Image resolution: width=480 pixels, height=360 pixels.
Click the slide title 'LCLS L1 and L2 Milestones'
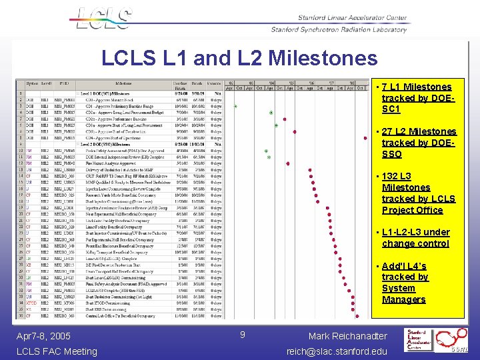pos(239,58)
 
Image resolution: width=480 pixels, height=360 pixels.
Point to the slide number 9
pos(243,334)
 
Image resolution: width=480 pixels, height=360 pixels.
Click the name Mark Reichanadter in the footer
pos(347,336)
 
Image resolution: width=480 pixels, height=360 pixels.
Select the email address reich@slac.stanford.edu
pos(336,351)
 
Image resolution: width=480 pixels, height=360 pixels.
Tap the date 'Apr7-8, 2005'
pos(43,336)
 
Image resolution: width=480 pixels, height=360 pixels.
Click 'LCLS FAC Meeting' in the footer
pos(56,351)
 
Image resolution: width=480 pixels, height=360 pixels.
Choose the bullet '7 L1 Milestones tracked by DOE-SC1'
pos(416,97)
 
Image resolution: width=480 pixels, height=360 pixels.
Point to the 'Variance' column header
pos(213,84)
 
